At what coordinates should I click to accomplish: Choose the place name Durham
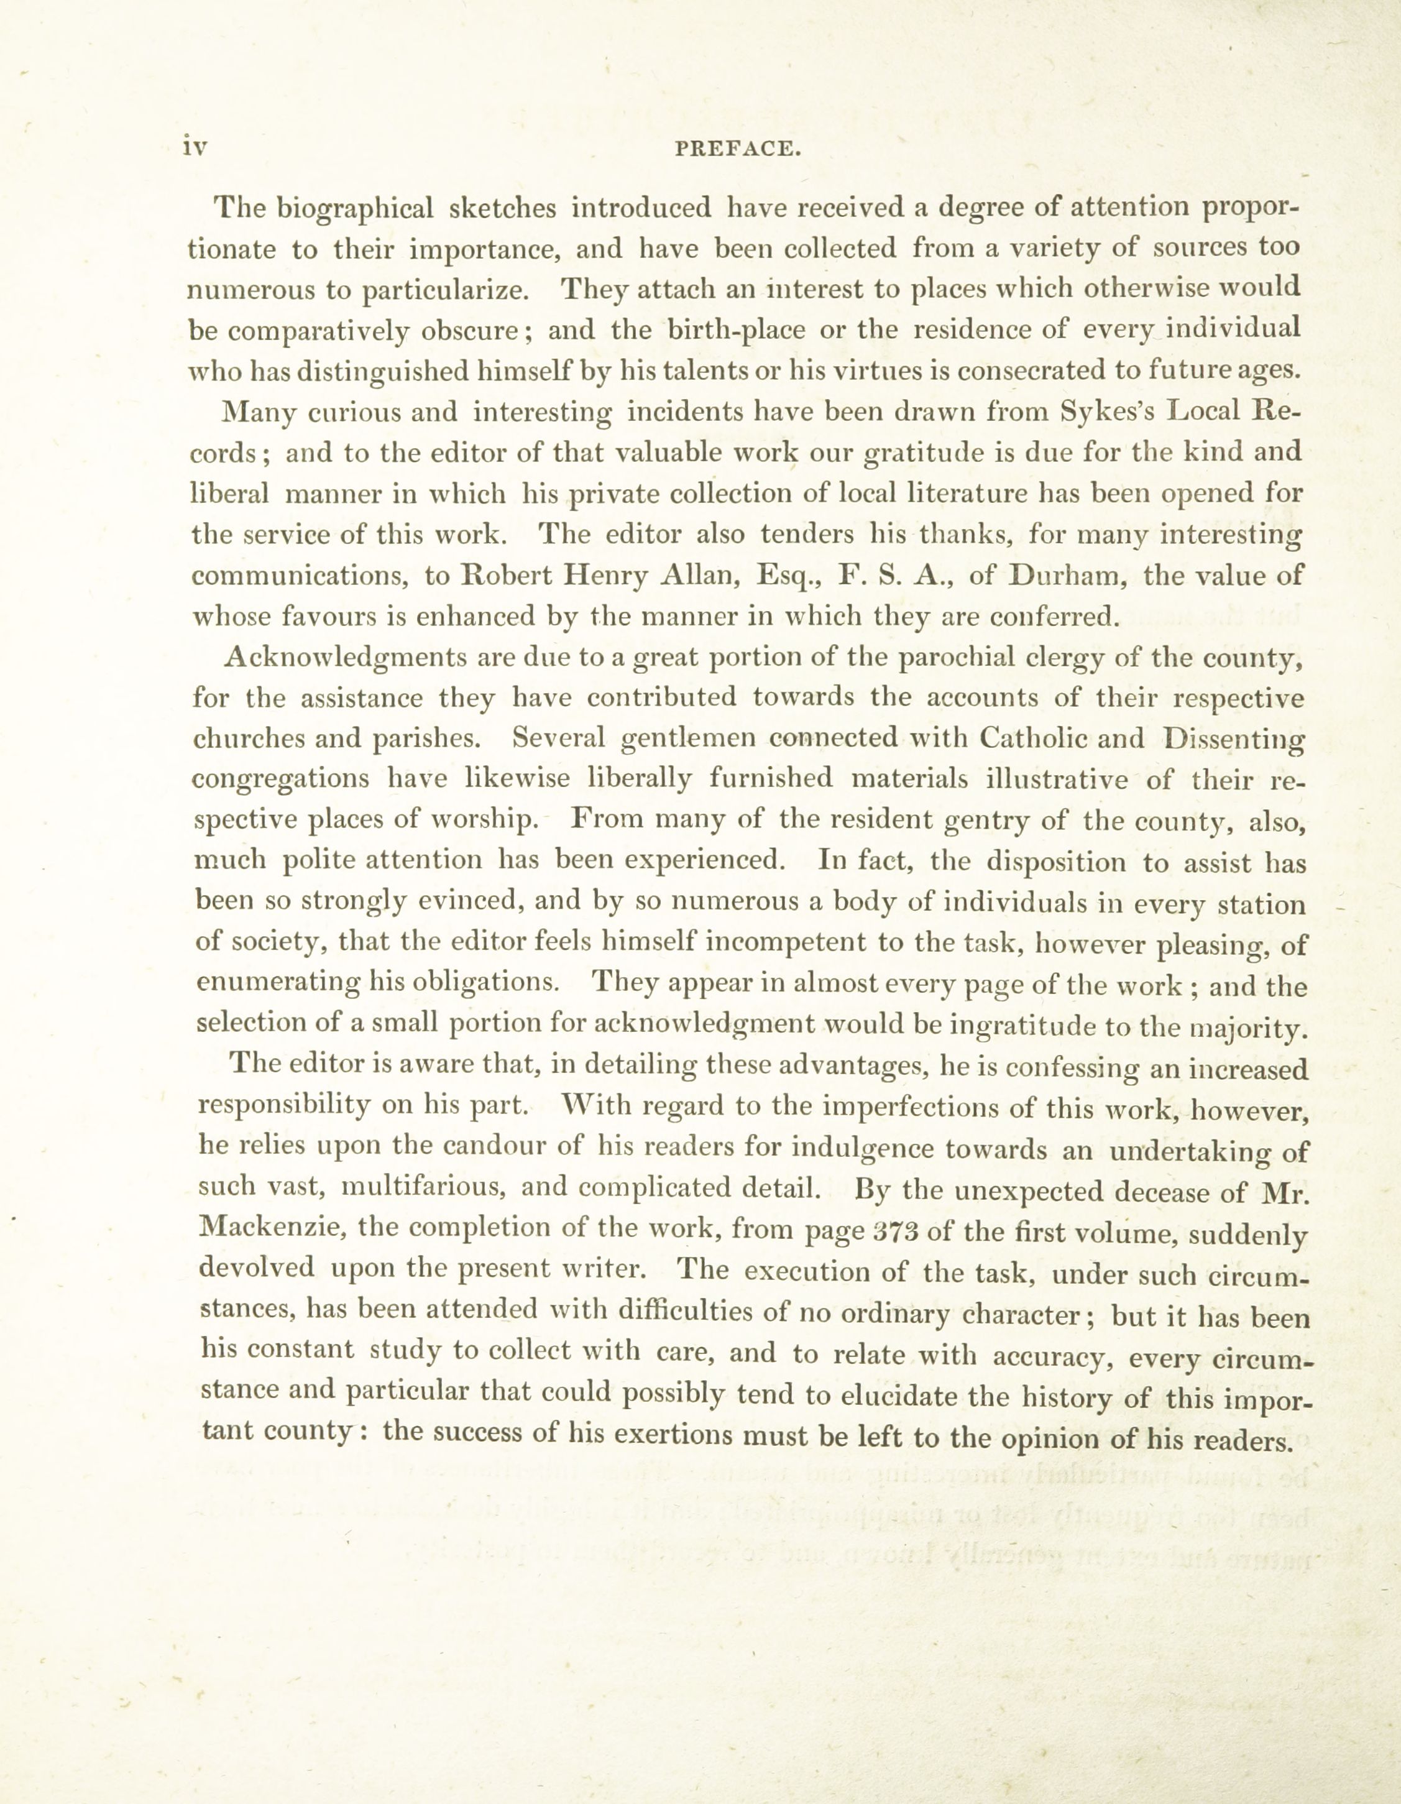(1064, 576)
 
